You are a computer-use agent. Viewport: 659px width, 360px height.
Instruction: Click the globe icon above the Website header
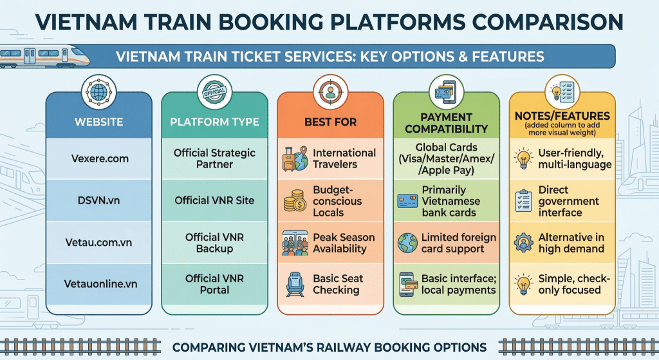coord(99,93)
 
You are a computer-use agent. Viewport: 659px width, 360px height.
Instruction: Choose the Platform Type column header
coord(214,122)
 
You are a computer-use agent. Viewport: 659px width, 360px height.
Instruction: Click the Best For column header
coord(331,122)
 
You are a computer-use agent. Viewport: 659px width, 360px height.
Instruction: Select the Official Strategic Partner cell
coord(214,158)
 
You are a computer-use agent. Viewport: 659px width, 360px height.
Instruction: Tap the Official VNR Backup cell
coord(214,242)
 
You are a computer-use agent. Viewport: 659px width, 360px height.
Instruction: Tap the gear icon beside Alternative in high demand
coord(523,243)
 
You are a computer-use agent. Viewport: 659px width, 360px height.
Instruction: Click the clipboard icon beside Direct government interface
coord(523,201)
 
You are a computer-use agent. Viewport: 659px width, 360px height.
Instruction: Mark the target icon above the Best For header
coord(330,93)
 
